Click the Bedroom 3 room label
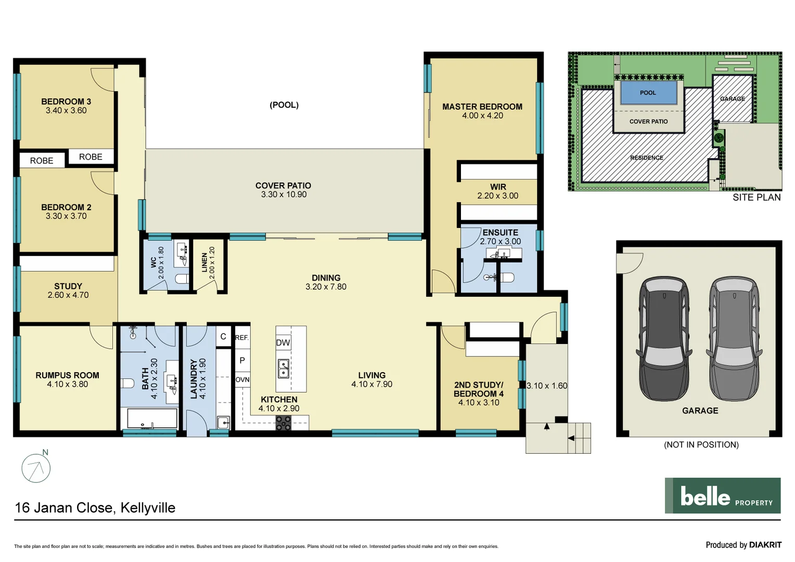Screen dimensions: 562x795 coord(66,101)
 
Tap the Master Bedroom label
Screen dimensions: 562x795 coord(482,107)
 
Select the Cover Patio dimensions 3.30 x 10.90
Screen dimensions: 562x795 coord(284,195)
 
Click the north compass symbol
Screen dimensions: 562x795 coord(36,468)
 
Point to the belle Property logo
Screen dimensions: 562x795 coord(722,495)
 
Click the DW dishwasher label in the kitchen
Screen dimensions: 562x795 coord(283,342)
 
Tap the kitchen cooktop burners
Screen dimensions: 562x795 coord(284,424)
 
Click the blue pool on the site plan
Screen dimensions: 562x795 coord(648,93)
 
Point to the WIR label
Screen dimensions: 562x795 coord(498,187)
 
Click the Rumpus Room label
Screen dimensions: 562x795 coord(67,375)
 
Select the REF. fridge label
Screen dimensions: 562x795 coord(242,338)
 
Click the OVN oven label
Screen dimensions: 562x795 coord(242,380)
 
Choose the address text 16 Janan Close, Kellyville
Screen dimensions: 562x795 coord(95,508)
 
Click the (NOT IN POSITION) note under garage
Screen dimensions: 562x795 coord(701,445)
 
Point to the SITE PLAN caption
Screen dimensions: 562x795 coord(756,197)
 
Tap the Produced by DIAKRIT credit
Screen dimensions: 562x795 coord(743,545)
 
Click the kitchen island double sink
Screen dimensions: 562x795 coord(284,368)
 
